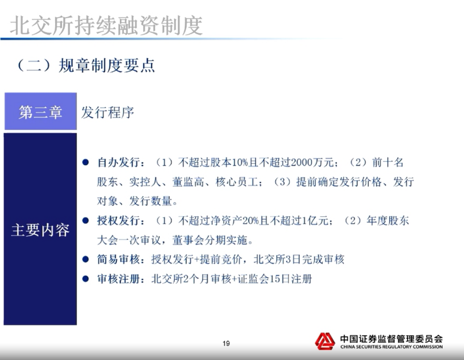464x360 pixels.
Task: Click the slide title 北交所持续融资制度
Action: click(106, 26)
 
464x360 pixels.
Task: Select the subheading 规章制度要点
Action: click(106, 65)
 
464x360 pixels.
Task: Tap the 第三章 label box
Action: click(41, 111)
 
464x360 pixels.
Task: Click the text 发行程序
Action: click(107, 113)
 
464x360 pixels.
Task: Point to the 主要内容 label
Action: click(40, 230)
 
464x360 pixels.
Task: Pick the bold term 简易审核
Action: click(119, 259)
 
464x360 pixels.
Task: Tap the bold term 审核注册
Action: click(119, 279)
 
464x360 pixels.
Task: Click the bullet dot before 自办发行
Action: click(85, 162)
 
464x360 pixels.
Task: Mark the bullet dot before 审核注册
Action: click(85, 279)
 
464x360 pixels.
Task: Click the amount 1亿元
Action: click(315, 220)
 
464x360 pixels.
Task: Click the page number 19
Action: click(226, 343)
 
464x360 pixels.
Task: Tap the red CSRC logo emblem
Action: click(325, 341)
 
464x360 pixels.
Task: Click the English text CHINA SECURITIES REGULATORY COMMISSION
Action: click(392, 346)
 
